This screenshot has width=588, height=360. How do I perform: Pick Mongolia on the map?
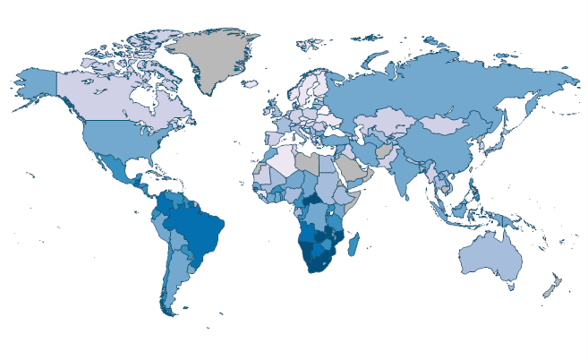click(447, 126)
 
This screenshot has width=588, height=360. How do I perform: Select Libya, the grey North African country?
click(307, 162)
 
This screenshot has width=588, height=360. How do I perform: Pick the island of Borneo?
click(469, 210)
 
